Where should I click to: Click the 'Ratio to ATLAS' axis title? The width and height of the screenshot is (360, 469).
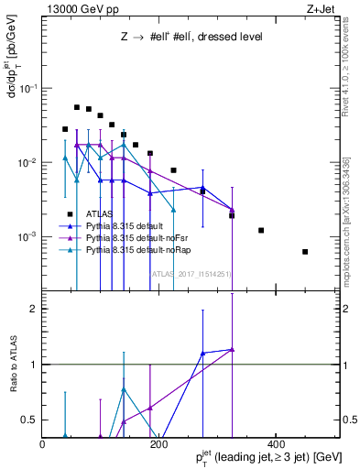click(12, 365)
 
